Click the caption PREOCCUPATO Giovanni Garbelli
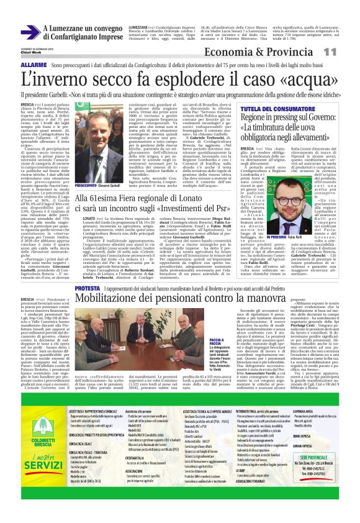(x=101, y=185)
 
